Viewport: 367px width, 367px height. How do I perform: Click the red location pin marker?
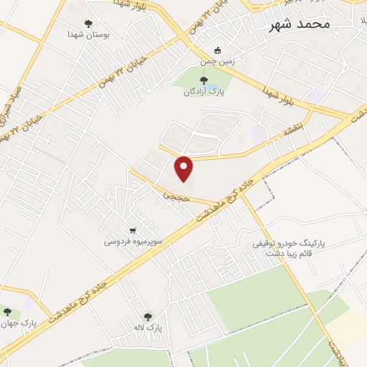point(185,168)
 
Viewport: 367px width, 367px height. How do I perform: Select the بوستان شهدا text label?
point(87,34)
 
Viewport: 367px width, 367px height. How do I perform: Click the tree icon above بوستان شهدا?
point(88,23)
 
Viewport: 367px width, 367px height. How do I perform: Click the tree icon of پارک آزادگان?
point(204,80)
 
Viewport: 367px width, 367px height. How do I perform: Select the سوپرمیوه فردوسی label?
point(134,242)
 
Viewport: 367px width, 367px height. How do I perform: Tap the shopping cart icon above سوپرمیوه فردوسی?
point(133,231)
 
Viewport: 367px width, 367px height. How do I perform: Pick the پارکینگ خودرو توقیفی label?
point(289,244)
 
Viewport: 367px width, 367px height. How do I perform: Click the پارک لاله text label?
point(148,327)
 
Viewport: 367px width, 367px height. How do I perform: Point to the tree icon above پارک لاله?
point(148,315)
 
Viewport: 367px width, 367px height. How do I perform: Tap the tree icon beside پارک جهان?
point(8,312)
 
